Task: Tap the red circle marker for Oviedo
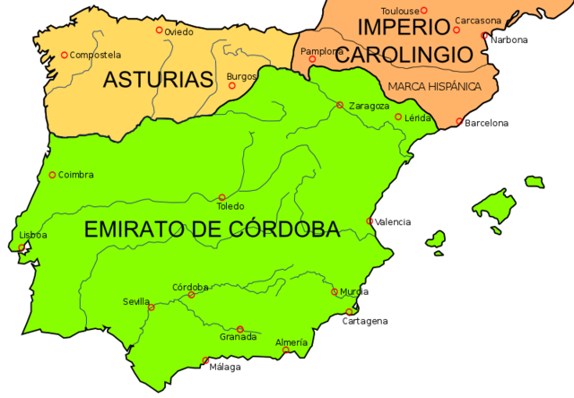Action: [160, 30]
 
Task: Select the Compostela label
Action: [97, 55]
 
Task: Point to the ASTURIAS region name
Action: [158, 79]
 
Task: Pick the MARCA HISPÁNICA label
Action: [434, 86]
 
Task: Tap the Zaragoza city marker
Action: [340, 105]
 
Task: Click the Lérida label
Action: [419, 117]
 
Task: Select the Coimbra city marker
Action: [52, 175]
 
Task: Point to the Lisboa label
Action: [32, 235]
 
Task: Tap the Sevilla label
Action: [136, 301]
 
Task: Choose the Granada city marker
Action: [239, 329]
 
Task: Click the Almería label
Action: [291, 342]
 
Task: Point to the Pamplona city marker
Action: [312, 59]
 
